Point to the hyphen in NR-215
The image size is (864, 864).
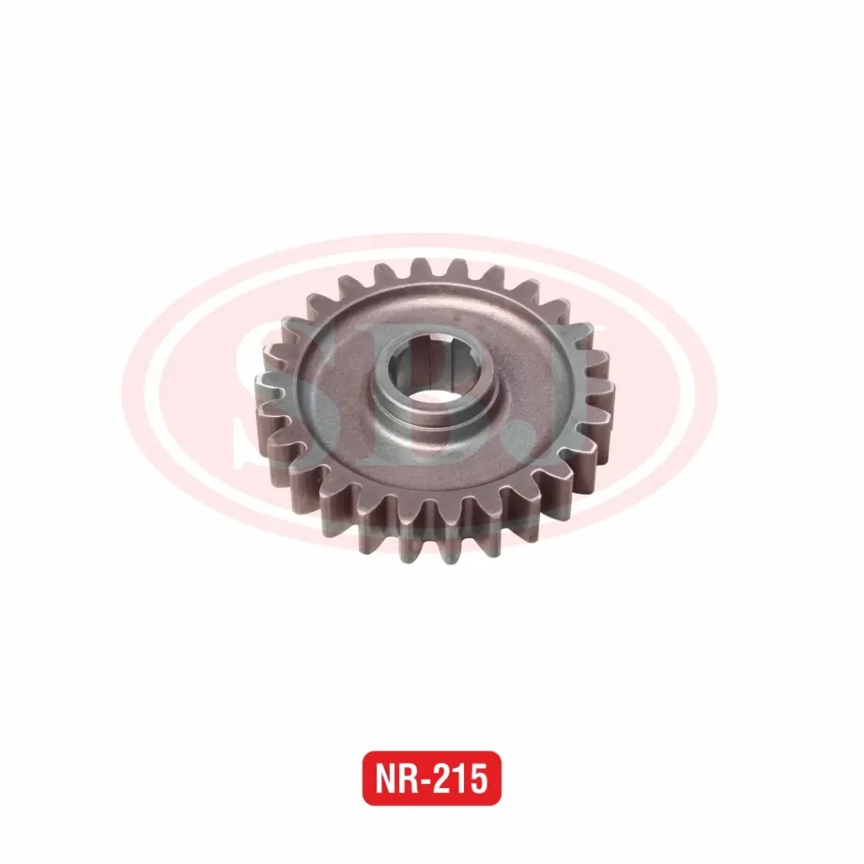coord(429,780)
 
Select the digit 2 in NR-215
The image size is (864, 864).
coord(445,778)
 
